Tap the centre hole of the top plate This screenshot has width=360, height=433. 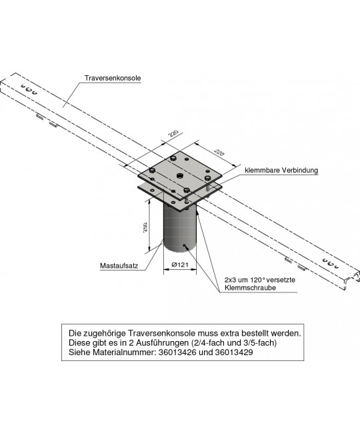click(179, 175)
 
